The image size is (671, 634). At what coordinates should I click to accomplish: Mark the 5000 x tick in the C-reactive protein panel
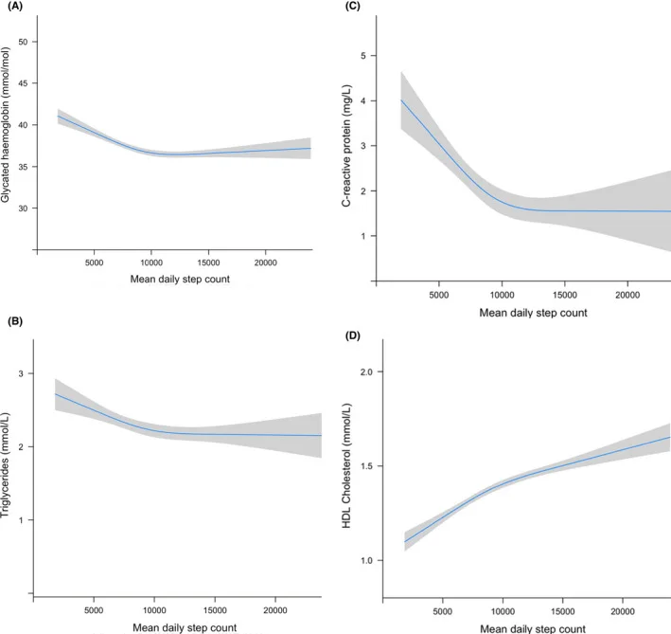439,294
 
